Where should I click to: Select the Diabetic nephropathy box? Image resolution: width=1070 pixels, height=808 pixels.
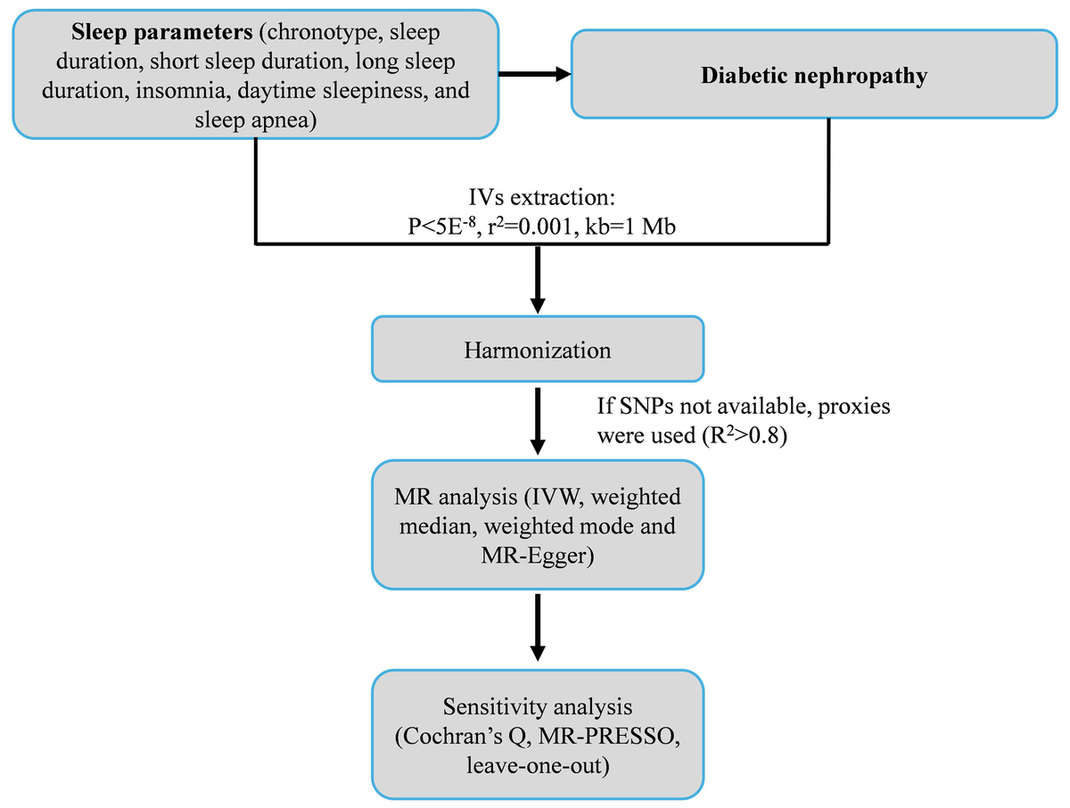(x=813, y=76)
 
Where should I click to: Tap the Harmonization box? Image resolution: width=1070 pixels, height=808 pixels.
(x=538, y=350)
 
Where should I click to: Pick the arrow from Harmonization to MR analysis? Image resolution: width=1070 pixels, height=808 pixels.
(x=538, y=421)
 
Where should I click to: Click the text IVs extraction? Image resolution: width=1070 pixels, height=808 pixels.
(x=537, y=196)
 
